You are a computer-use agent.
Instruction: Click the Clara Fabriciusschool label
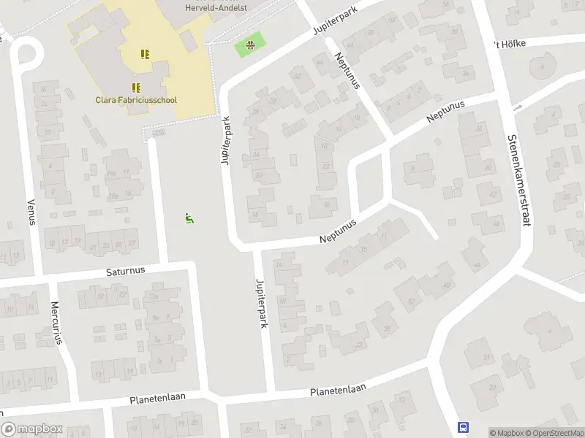pyautogui.click(x=136, y=101)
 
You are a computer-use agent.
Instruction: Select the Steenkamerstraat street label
pyautogui.click(x=518, y=181)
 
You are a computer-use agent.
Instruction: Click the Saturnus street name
pyautogui.click(x=127, y=270)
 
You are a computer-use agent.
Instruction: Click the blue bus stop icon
pyautogui.click(x=462, y=427)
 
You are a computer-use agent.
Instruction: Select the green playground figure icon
pyautogui.click(x=189, y=217)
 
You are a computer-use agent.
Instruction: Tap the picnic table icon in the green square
pyautogui.click(x=250, y=46)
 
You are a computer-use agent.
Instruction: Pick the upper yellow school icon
pyautogui.click(x=145, y=53)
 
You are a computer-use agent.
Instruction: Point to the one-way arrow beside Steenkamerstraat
pyautogui.click(x=518, y=108)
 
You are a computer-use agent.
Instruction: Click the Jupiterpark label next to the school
pyautogui.click(x=227, y=141)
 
